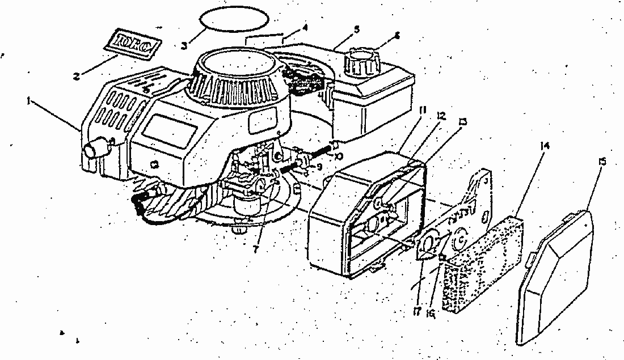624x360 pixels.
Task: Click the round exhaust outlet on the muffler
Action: [x=92, y=151]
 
